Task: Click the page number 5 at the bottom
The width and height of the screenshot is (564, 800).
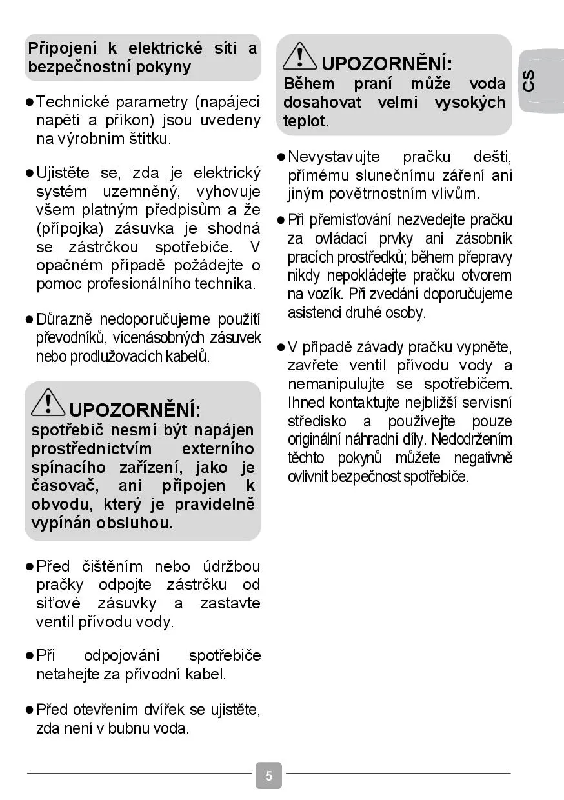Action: [x=268, y=775]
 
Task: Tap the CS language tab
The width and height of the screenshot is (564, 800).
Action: [x=529, y=81]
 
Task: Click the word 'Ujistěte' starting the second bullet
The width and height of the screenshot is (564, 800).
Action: [x=64, y=173]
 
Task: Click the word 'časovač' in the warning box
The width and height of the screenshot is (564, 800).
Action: [x=62, y=486]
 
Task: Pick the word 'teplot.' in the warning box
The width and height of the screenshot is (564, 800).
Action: [x=306, y=121]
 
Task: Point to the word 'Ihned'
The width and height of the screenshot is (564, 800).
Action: [x=306, y=403]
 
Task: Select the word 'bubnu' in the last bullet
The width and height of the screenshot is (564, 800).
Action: [x=130, y=729]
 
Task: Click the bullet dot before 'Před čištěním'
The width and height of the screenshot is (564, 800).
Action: [x=29, y=566]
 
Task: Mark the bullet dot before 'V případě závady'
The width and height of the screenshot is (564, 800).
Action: [x=281, y=347]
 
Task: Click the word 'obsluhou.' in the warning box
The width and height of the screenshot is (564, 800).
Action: [x=135, y=523]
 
